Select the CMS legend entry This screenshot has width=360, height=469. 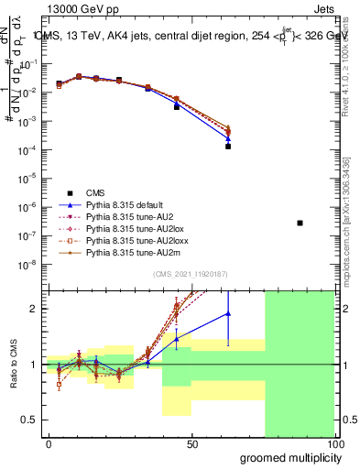[95, 192]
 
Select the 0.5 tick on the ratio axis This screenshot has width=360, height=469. [31, 420]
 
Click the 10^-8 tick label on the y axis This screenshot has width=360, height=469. [29, 265]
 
